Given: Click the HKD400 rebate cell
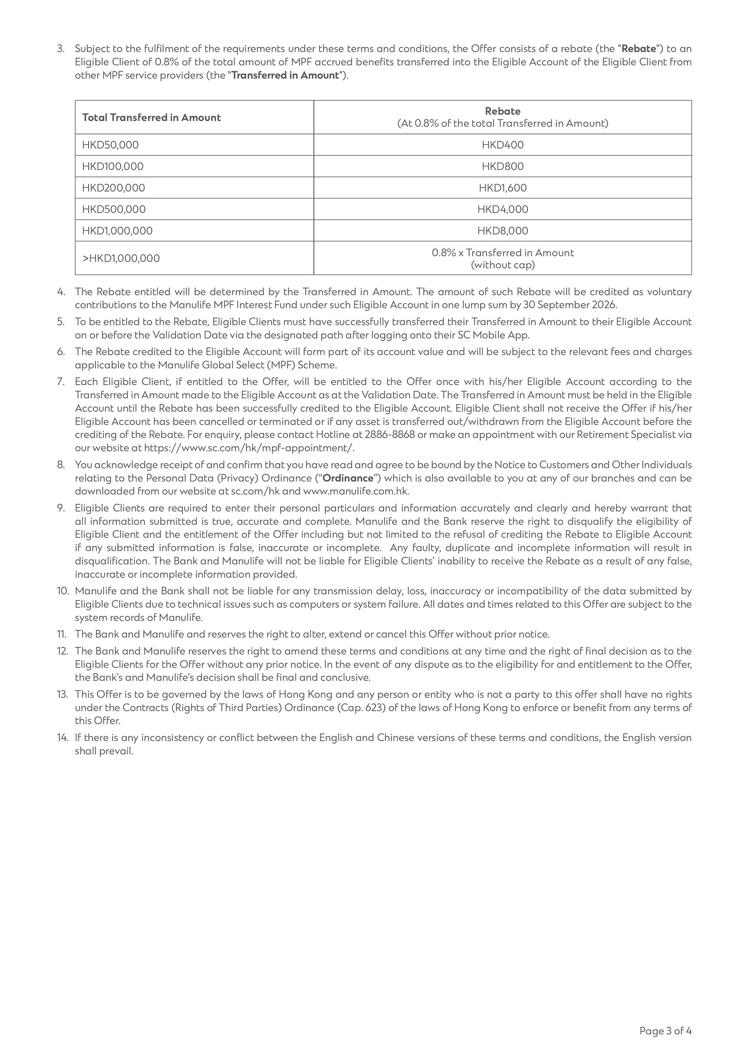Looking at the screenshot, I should [502, 145].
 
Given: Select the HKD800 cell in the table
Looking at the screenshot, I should [502, 166].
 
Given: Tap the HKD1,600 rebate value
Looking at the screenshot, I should [502, 188].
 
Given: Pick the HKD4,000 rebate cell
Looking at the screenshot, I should [502, 209].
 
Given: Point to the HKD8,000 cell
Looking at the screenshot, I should [502, 230].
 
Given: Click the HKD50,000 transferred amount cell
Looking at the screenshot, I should [111, 145].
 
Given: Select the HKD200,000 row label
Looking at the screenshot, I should [113, 188].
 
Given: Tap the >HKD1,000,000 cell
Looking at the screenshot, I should [121, 258].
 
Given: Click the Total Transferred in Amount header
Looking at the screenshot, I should [152, 117].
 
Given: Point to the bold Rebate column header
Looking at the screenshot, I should [502, 111].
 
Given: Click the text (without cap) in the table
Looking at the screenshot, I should [502, 265].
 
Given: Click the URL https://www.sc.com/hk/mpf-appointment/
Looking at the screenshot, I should [249, 448].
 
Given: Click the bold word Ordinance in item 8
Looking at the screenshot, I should [347, 478].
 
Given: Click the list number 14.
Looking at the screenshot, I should [63, 738].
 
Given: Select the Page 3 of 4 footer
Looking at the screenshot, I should [665, 1030].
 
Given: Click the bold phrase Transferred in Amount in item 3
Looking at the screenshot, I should [285, 75].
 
